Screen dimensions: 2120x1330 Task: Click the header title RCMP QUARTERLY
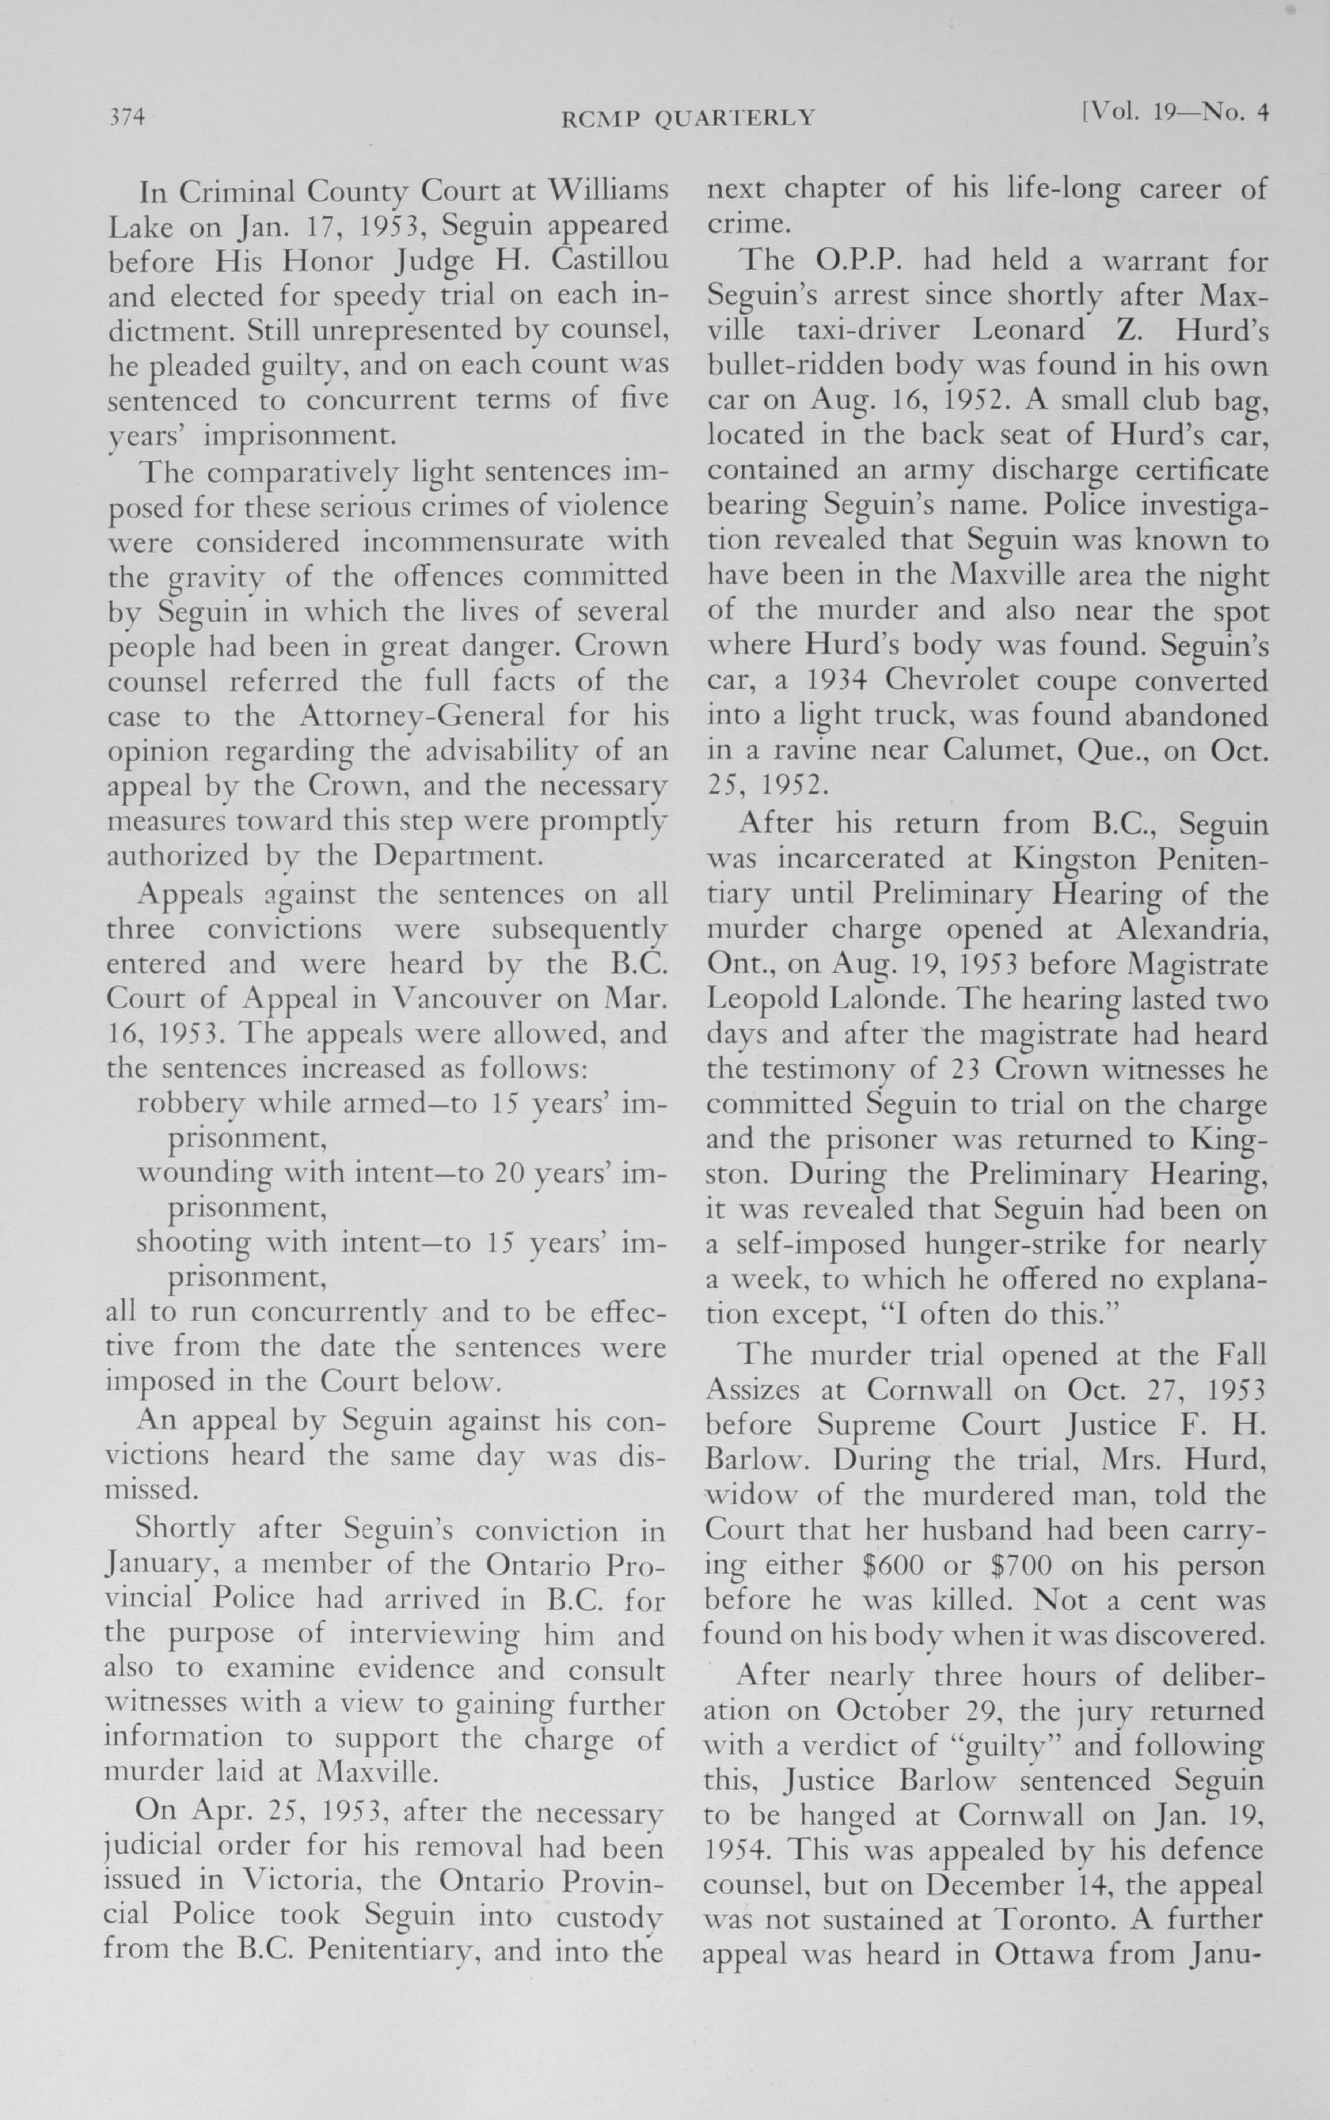688,118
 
